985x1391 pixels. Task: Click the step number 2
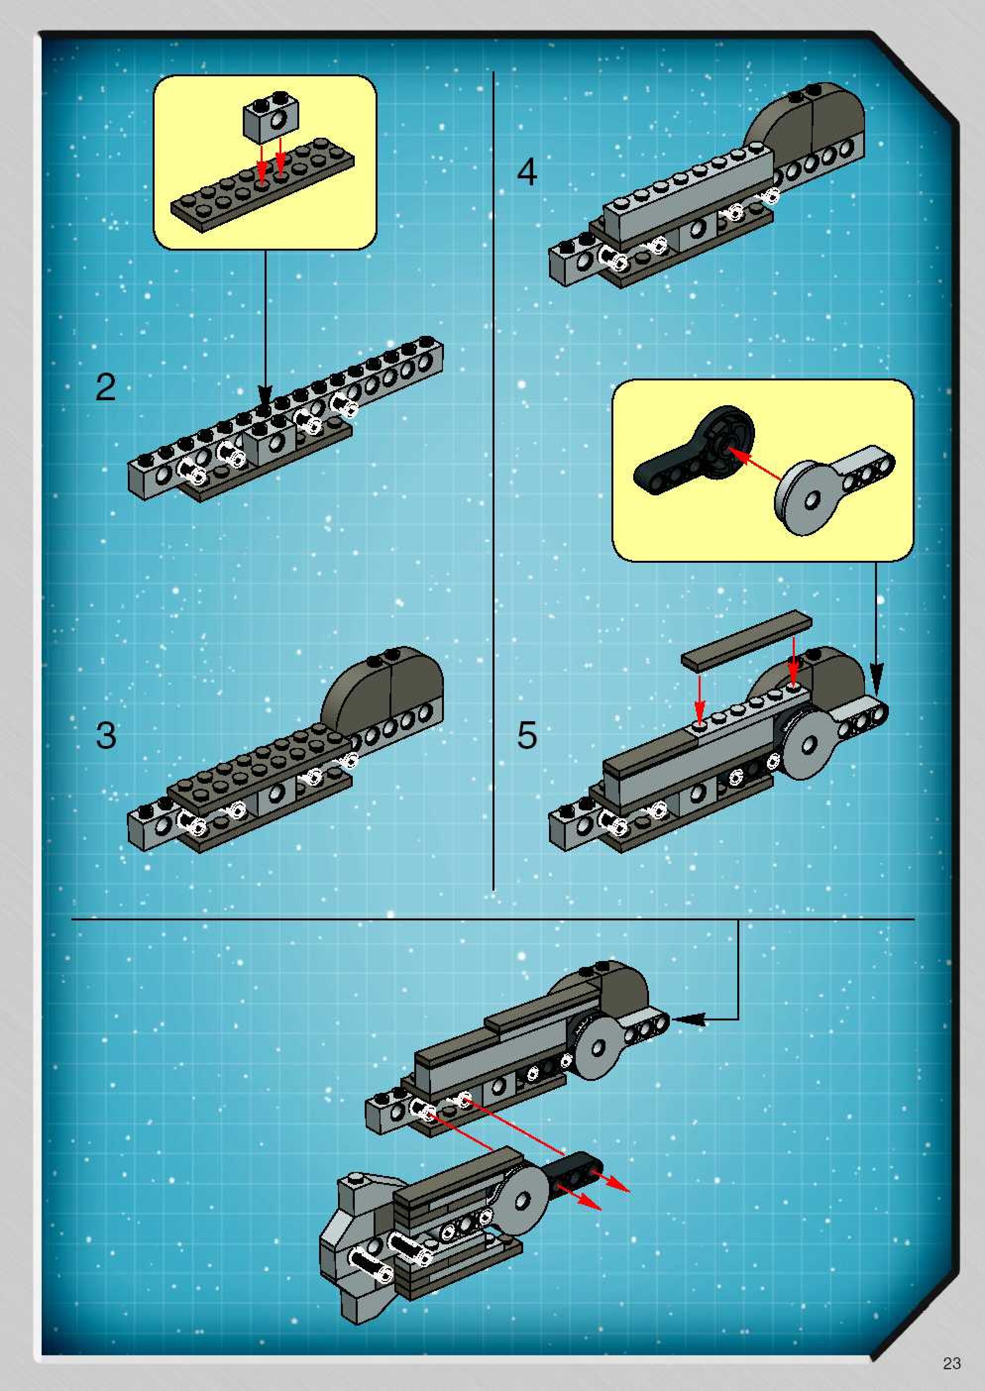(x=106, y=387)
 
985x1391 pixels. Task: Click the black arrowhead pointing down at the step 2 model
(x=265, y=395)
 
